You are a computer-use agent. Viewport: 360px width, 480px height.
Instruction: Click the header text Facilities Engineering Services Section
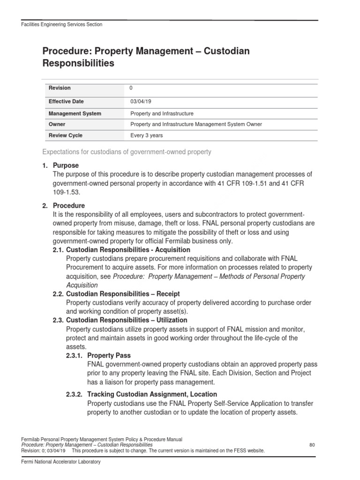point(62,24)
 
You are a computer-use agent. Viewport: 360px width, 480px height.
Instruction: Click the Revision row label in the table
point(60,88)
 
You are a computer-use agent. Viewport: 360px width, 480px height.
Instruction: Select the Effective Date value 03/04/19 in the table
point(140,101)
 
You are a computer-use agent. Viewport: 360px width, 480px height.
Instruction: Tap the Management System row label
point(75,113)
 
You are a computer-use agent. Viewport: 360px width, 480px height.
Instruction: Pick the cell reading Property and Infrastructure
point(162,113)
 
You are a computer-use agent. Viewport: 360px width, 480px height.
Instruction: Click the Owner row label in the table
point(57,124)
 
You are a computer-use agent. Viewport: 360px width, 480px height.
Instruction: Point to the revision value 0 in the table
point(131,88)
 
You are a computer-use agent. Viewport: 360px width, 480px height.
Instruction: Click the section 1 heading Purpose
point(66,165)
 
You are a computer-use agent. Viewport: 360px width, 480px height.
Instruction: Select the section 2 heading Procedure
point(69,206)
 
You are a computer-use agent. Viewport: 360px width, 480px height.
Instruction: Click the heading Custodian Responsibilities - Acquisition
point(128,250)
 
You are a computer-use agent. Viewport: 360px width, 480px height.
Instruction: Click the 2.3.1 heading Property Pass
point(109,355)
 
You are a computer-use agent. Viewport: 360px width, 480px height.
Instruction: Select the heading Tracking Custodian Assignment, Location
point(152,394)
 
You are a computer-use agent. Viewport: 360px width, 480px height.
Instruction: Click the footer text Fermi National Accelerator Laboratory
point(61,462)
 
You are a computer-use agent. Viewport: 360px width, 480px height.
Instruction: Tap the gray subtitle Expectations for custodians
point(127,152)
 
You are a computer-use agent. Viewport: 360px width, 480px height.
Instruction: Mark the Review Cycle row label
point(66,135)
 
